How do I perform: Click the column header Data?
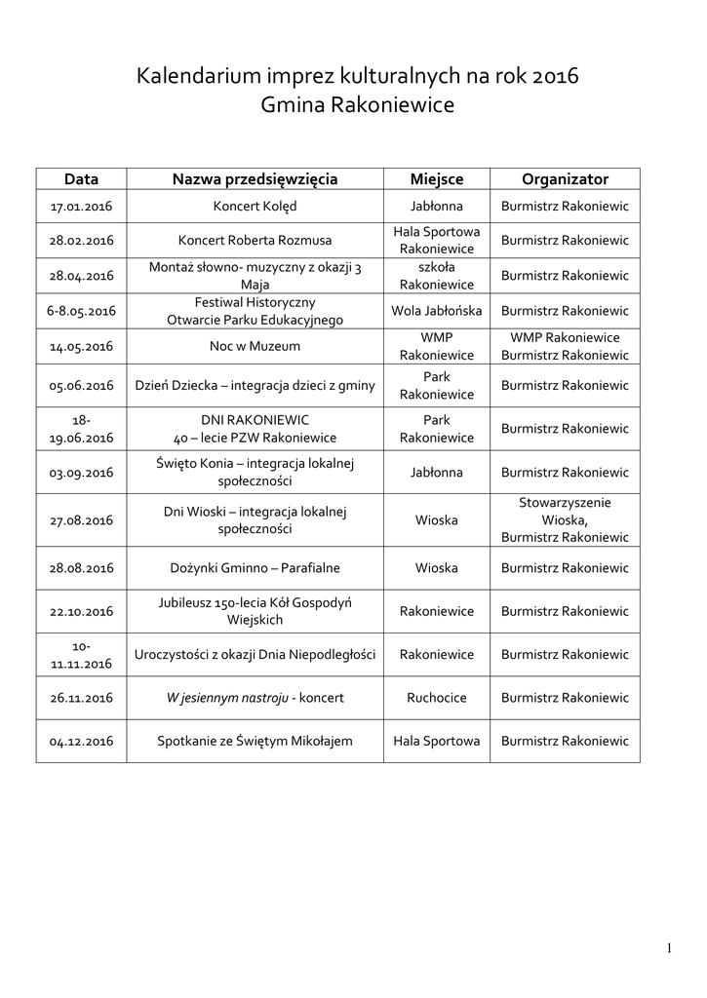(x=82, y=179)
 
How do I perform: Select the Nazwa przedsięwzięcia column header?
(x=255, y=179)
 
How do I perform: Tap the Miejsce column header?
(x=436, y=179)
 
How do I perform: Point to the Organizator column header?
(x=565, y=179)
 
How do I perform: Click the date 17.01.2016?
(x=82, y=207)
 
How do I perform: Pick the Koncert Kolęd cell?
(x=255, y=207)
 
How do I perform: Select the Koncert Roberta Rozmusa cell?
(x=255, y=241)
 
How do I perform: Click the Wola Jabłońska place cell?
(x=436, y=311)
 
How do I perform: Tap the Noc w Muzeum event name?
(x=255, y=346)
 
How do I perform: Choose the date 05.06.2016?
(x=82, y=386)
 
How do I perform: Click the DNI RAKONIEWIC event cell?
(x=255, y=419)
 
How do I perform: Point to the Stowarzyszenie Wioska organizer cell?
(x=565, y=519)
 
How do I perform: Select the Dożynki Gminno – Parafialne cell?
(x=255, y=567)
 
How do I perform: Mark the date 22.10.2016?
(x=82, y=611)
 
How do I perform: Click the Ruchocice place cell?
(x=436, y=698)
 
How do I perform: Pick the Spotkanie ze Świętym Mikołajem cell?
(x=255, y=742)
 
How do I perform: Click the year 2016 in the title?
(x=557, y=76)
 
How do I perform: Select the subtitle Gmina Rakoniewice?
(x=358, y=105)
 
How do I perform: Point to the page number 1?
(x=670, y=948)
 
